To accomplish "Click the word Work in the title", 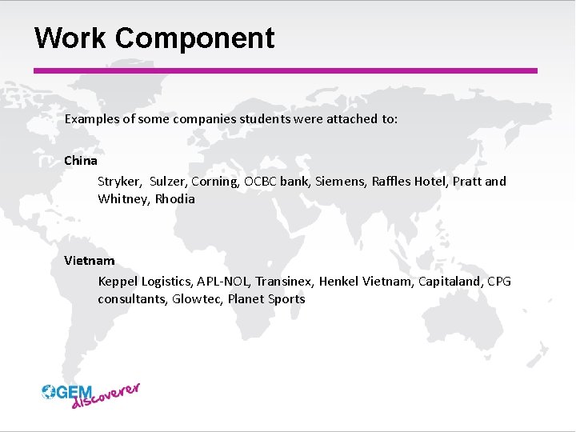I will tap(70, 38).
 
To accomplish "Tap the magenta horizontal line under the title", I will tap(285, 70).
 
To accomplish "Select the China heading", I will tap(81, 160).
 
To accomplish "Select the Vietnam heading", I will tap(90, 260).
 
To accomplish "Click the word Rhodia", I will tap(175, 198).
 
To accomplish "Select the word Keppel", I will tap(118, 281).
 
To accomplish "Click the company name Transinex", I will tap(286, 281).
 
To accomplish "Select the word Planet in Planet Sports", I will tap(247, 298).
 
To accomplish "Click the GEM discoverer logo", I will tap(91, 394).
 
